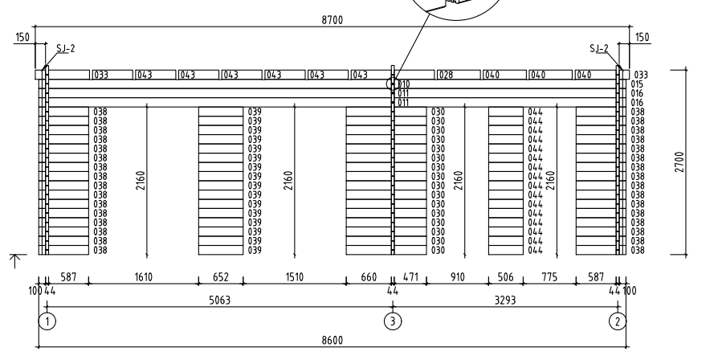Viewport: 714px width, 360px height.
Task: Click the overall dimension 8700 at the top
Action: click(x=332, y=20)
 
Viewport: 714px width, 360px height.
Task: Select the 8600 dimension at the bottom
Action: click(x=332, y=341)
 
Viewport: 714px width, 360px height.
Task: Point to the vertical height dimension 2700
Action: click(x=679, y=162)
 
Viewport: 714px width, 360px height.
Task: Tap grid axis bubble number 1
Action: click(x=47, y=321)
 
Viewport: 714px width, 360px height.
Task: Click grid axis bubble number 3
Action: click(x=393, y=321)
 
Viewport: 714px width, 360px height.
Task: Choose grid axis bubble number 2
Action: click(x=618, y=321)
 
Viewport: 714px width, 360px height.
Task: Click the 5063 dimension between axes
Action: click(x=219, y=301)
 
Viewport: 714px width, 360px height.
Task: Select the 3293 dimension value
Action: click(x=505, y=301)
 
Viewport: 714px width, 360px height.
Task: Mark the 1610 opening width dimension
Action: click(x=144, y=277)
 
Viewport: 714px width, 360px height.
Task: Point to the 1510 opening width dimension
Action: click(x=294, y=277)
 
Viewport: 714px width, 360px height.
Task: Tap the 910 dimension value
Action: click(x=457, y=277)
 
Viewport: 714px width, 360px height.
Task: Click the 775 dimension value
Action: click(x=549, y=277)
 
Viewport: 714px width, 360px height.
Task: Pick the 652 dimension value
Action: click(x=220, y=277)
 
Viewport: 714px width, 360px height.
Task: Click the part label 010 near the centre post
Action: click(x=404, y=84)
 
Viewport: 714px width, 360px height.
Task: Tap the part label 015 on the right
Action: click(x=638, y=84)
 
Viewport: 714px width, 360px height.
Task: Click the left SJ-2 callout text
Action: click(x=66, y=48)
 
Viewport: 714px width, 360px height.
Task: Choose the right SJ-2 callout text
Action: click(x=599, y=48)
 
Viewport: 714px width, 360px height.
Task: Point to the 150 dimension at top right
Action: click(x=642, y=37)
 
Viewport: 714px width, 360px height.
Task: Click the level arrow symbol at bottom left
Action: click(x=15, y=260)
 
